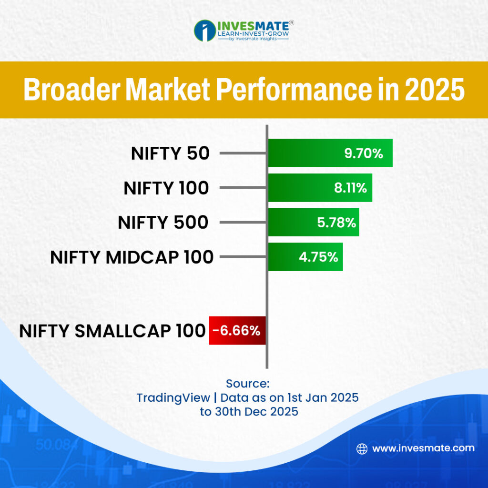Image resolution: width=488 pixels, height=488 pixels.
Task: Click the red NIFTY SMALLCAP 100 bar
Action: pyautogui.click(x=237, y=330)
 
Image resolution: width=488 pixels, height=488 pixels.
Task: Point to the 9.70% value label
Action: pyautogui.click(x=364, y=153)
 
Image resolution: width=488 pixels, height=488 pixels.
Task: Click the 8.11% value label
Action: pyautogui.click(x=350, y=188)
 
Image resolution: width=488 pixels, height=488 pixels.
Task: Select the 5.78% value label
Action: pyautogui.click(x=337, y=222)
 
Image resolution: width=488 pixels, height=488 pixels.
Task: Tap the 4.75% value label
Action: pyautogui.click(x=318, y=257)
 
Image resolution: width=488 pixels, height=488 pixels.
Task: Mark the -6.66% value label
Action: pyautogui.click(x=237, y=330)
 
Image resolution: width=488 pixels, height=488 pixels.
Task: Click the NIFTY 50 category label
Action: pyautogui.click(x=170, y=153)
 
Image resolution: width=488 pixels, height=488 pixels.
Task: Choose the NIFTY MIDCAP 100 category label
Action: pyautogui.click(x=132, y=257)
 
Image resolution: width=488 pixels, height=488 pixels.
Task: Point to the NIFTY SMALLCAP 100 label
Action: pyautogui.click(x=112, y=330)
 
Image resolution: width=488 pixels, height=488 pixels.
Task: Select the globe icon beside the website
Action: pyautogui.click(x=362, y=448)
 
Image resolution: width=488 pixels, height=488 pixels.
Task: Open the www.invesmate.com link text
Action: pyautogui.click(x=423, y=448)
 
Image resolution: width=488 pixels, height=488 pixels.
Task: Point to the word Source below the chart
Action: pyautogui.click(x=248, y=384)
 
